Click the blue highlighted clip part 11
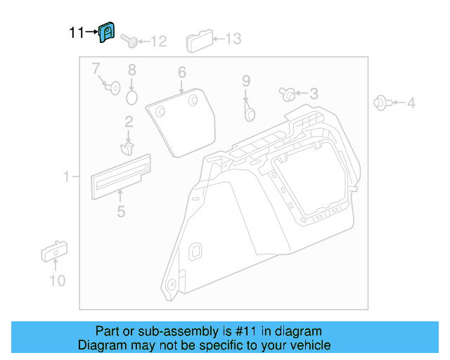(x=107, y=32)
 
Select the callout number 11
(x=77, y=32)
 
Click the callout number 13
(x=232, y=39)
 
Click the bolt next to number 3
(x=287, y=93)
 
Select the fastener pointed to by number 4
(x=379, y=103)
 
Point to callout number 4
(x=411, y=103)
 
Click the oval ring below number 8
(x=132, y=96)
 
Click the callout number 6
(x=181, y=72)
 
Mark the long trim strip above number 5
(x=120, y=174)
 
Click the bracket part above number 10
(x=54, y=250)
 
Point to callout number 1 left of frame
(x=67, y=178)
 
